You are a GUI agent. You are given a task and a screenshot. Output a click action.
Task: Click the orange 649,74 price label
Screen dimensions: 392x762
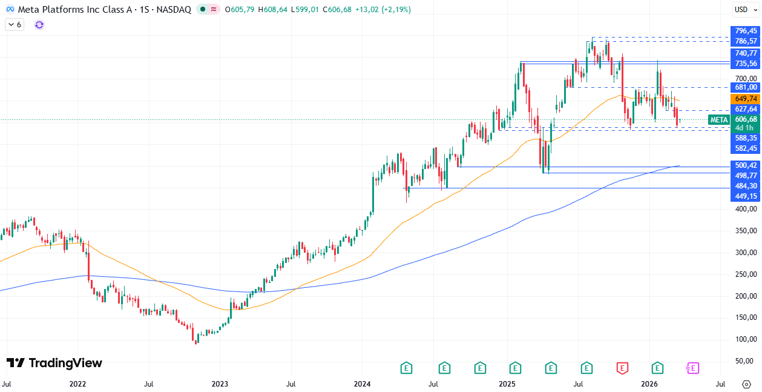pyautogui.click(x=746, y=99)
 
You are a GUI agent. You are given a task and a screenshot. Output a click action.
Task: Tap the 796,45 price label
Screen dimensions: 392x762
pyautogui.click(x=746, y=31)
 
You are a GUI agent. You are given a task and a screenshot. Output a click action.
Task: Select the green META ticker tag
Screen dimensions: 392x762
pyautogui.click(x=718, y=120)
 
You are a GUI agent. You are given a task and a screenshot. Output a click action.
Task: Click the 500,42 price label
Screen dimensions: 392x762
pyautogui.click(x=746, y=165)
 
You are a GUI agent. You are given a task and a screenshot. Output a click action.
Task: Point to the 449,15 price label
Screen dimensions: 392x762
pyautogui.click(x=746, y=196)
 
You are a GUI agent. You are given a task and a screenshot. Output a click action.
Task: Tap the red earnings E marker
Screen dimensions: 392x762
pyautogui.click(x=622, y=367)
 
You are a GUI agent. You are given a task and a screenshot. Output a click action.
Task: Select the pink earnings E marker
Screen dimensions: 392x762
pyautogui.click(x=692, y=367)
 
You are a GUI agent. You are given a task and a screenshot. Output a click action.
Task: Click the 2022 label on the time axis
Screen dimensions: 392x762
pyautogui.click(x=77, y=384)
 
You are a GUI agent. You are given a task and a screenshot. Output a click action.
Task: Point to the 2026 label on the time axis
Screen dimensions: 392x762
pyautogui.click(x=649, y=384)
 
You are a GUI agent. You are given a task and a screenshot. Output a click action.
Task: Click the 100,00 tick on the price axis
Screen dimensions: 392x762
pyautogui.click(x=746, y=339)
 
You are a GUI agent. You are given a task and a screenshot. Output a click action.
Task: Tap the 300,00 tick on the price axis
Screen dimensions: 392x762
pyautogui.click(x=746, y=253)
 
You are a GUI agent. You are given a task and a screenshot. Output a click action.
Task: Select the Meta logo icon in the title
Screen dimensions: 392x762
pyautogui.click(x=10, y=10)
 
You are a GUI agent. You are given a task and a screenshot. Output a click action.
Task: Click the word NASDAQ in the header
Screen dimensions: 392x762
pyautogui.click(x=176, y=10)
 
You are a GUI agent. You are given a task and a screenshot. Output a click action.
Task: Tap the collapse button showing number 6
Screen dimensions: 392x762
pyautogui.click(x=14, y=25)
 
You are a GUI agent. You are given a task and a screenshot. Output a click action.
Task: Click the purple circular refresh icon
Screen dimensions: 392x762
pyautogui.click(x=39, y=25)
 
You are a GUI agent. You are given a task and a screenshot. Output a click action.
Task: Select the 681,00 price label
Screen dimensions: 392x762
pyautogui.click(x=746, y=88)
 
